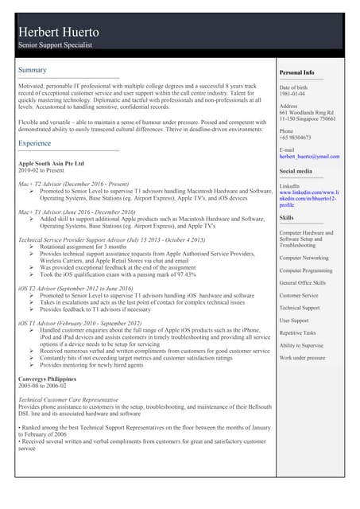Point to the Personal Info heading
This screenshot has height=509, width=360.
pyautogui.click(x=297, y=72)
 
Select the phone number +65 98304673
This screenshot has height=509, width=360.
pyautogui.click(x=296, y=137)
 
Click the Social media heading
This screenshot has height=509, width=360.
pyautogui.click(x=296, y=171)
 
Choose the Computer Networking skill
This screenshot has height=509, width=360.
pyautogui.click(x=304, y=258)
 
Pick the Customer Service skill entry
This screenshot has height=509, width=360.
pyautogui.click(x=299, y=295)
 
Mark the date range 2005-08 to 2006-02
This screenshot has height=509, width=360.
pyautogui.click(x=43, y=388)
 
